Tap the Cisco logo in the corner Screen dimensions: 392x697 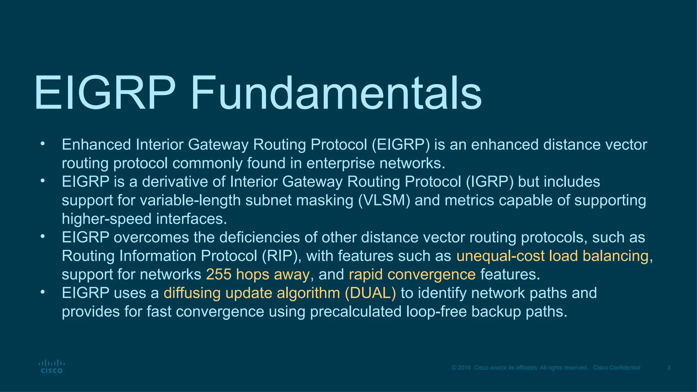point(51,367)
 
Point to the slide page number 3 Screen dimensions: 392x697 point(669,368)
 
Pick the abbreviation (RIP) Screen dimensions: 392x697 point(281,256)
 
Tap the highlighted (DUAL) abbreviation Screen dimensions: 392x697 point(370,293)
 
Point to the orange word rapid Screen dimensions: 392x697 point(366,275)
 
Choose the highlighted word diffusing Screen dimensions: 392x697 point(192,293)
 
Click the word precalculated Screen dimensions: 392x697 point(356,312)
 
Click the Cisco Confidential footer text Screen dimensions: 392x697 point(617,368)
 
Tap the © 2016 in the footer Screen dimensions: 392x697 point(461,368)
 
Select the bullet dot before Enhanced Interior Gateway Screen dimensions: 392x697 point(42,144)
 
